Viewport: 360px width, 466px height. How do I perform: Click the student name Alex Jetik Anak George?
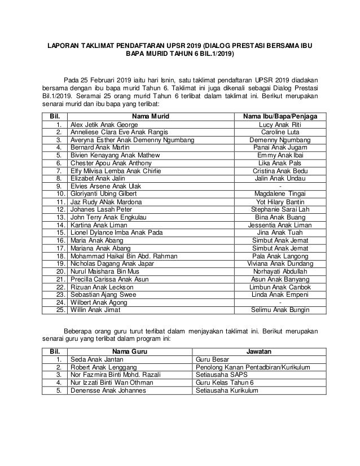click(x=104, y=124)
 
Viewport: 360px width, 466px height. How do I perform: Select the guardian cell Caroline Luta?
click(x=280, y=132)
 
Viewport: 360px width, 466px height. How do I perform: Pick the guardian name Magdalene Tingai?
click(x=280, y=194)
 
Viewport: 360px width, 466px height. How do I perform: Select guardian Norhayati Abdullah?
click(x=280, y=271)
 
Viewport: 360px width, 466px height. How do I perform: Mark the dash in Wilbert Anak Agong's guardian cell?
click(x=280, y=302)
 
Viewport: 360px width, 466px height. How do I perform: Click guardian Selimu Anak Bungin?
click(x=280, y=310)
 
